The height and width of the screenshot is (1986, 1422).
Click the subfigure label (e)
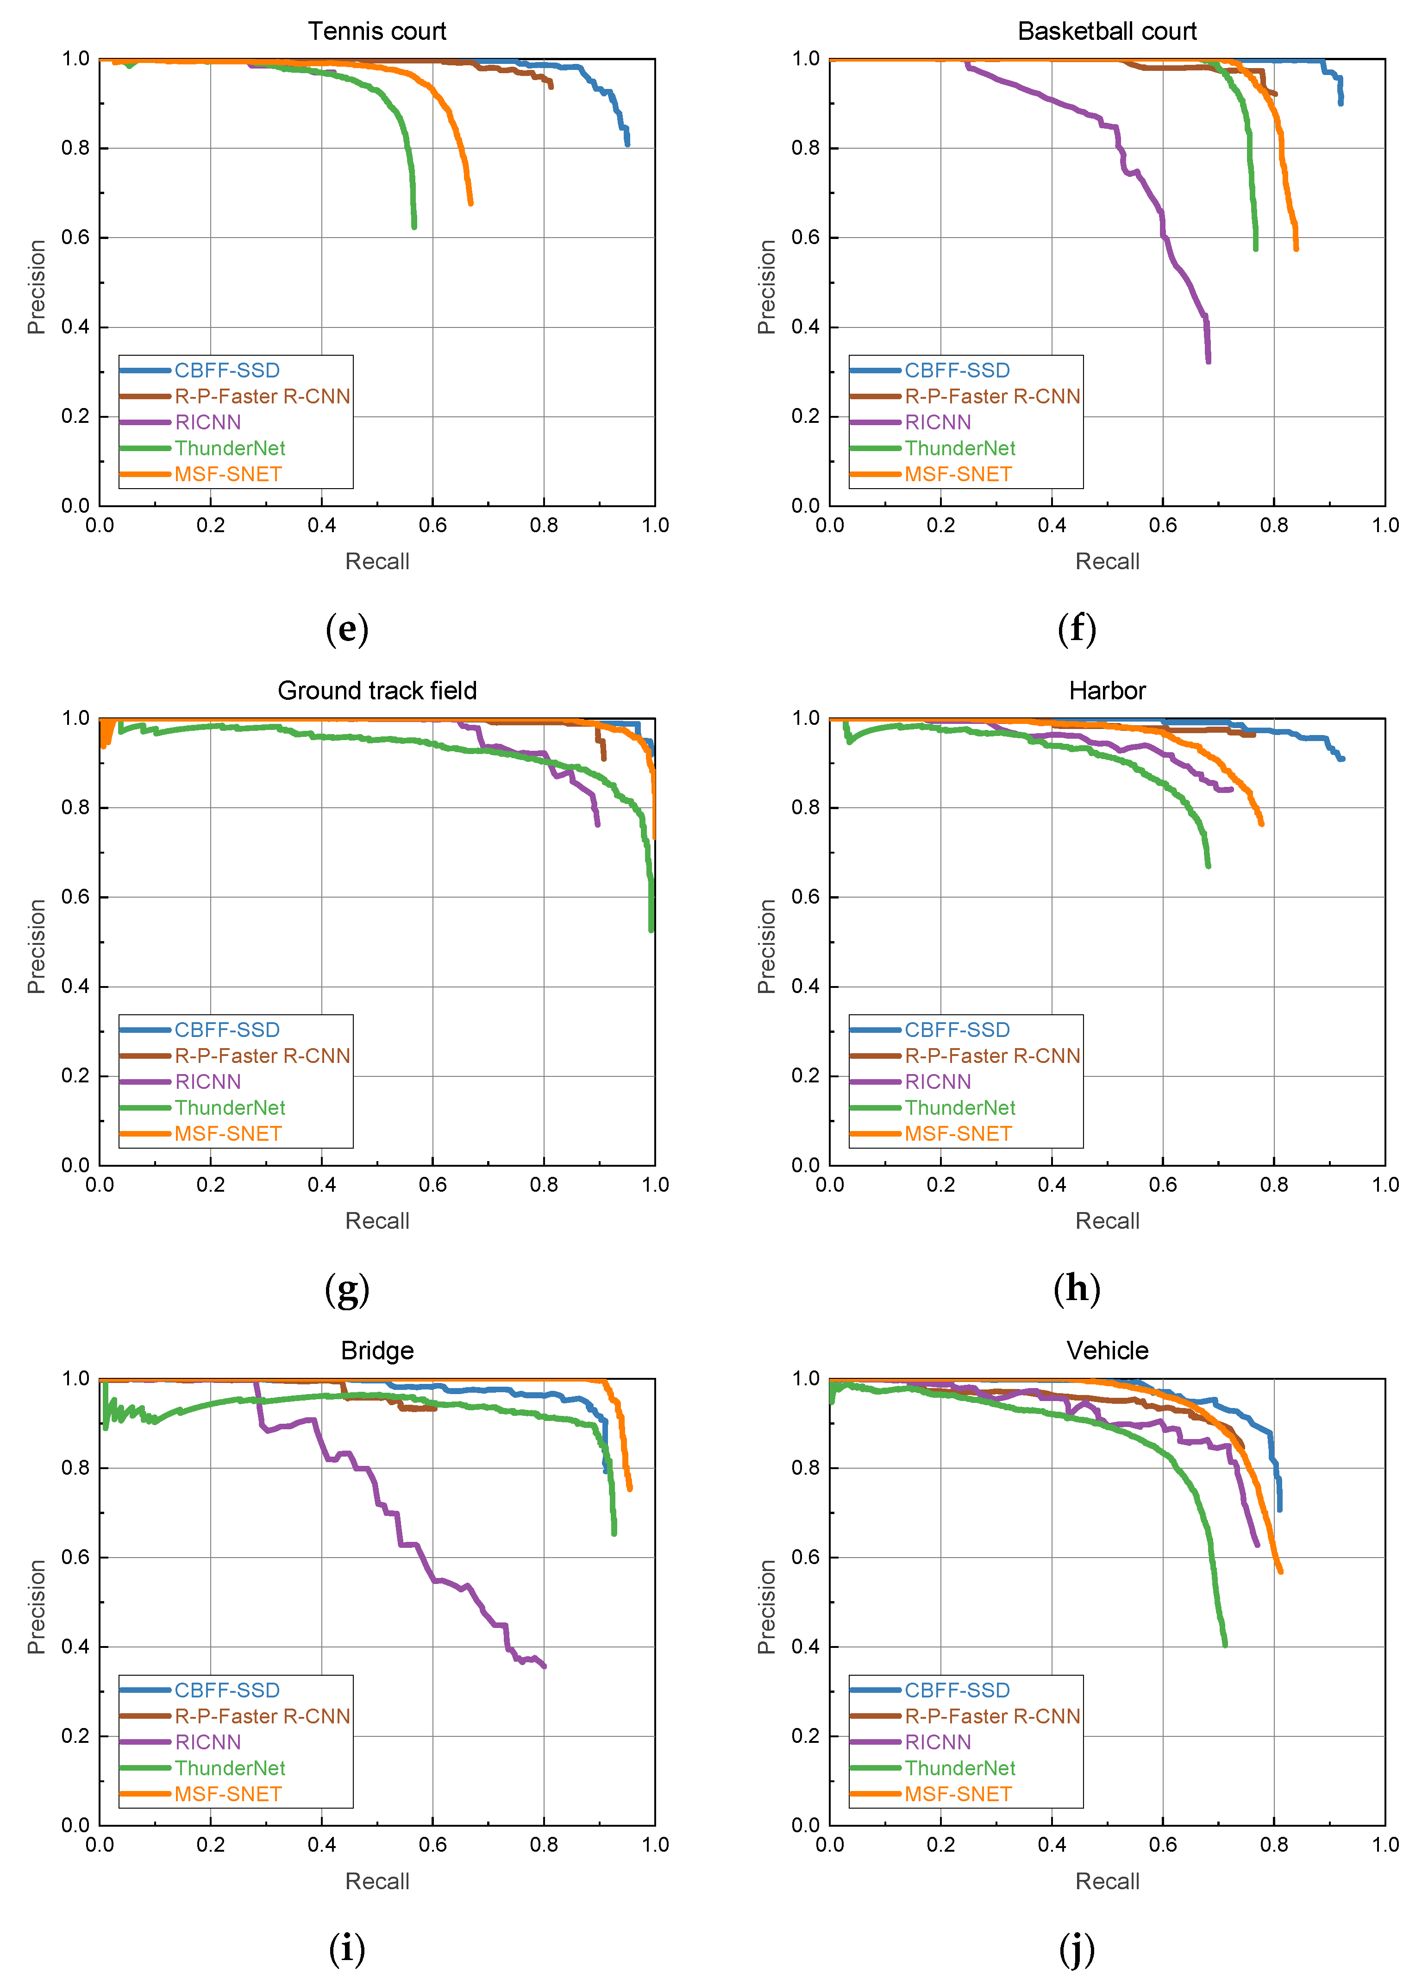click(x=347, y=628)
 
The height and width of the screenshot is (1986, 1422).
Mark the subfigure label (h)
click(x=1077, y=1288)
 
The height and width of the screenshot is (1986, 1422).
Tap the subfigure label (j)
click(x=1077, y=1948)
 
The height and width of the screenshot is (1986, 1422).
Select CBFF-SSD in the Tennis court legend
click(x=227, y=371)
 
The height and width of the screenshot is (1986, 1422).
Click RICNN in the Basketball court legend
click(x=938, y=422)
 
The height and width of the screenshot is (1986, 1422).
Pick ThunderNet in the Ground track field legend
click(x=229, y=1108)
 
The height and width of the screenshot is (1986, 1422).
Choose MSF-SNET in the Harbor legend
click(x=958, y=1134)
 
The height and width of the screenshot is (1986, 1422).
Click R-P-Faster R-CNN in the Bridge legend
click(x=262, y=1716)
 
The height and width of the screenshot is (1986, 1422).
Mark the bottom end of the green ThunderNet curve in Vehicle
click(x=1225, y=1646)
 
